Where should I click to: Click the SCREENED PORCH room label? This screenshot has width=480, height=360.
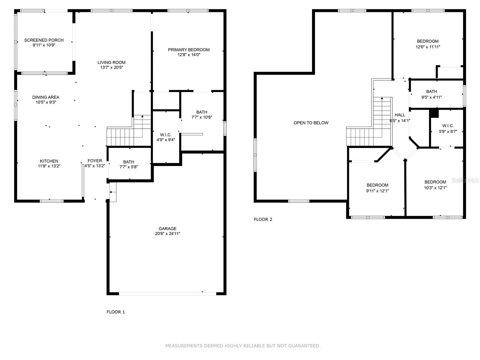(x=44, y=40)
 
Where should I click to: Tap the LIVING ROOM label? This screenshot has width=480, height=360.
(x=112, y=62)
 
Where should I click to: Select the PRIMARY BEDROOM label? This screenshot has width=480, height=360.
(x=189, y=50)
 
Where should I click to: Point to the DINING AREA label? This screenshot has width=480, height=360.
(x=46, y=97)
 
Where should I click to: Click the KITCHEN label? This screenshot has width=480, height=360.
(x=49, y=161)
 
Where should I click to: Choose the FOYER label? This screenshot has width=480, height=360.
(x=95, y=161)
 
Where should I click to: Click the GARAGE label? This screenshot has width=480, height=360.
(x=167, y=229)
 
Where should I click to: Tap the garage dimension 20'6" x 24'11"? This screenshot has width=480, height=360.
(x=167, y=234)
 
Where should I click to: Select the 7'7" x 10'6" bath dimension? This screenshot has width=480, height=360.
(x=202, y=117)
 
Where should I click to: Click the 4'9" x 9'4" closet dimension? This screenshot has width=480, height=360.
(x=166, y=140)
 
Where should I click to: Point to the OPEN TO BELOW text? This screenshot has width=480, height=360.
(x=311, y=123)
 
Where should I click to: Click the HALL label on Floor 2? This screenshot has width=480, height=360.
(x=400, y=115)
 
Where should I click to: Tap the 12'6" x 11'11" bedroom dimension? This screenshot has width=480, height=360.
(x=428, y=47)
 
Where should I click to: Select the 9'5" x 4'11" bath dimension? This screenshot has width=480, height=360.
(x=431, y=97)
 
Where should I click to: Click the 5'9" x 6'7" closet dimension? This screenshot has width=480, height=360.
(x=448, y=132)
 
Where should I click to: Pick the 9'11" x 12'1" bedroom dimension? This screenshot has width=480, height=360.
(x=377, y=191)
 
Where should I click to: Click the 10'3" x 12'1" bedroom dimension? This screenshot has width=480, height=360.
(x=435, y=188)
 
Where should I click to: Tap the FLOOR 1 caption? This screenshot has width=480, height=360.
(x=116, y=312)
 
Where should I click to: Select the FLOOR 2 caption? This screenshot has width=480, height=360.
(x=263, y=220)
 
